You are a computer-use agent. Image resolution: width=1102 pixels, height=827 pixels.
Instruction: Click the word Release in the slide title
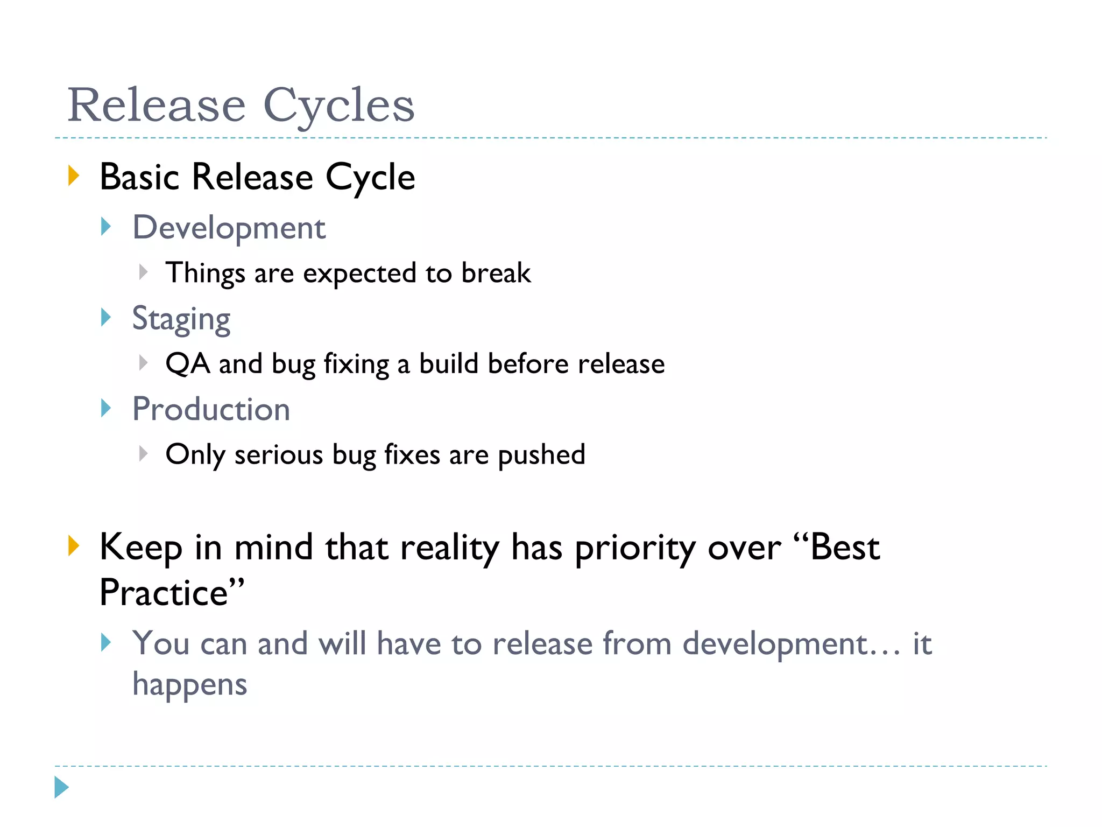(x=157, y=106)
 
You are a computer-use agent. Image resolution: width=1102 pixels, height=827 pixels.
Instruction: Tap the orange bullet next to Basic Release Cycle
(x=74, y=176)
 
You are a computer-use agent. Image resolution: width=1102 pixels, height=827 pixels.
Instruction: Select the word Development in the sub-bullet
(x=229, y=228)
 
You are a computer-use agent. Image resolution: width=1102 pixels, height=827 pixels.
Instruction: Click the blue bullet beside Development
(x=106, y=227)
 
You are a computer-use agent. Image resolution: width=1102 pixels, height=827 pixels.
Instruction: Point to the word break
(x=496, y=272)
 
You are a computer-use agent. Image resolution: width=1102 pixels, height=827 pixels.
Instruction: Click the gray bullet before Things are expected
(x=143, y=272)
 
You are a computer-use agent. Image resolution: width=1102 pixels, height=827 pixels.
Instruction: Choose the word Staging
(x=181, y=319)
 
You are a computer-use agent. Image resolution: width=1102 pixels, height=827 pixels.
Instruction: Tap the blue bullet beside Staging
(x=106, y=318)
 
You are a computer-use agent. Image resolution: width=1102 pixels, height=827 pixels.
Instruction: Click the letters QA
(x=187, y=364)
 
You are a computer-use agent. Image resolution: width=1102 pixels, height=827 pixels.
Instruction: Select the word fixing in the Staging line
(x=356, y=365)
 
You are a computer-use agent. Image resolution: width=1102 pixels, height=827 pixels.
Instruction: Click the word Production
(x=211, y=409)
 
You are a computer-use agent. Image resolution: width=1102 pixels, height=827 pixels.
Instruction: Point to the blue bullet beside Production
(x=106, y=408)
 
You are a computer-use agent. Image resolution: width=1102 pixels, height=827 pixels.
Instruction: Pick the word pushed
(x=541, y=455)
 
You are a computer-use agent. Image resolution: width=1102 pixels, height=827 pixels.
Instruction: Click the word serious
(x=278, y=455)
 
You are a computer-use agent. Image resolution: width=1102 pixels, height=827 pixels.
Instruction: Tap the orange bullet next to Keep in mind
(x=74, y=546)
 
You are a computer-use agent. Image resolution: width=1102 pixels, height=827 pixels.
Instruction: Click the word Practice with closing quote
(x=172, y=593)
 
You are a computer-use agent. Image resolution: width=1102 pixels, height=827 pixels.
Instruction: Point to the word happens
(x=189, y=685)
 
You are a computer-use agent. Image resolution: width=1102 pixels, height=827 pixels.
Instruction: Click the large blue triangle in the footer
(x=61, y=787)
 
